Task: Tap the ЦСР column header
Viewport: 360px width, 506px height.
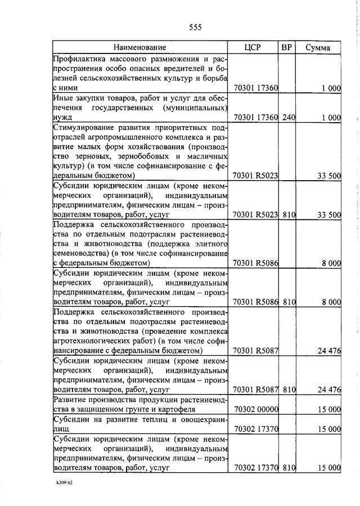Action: pyautogui.click(x=254, y=47)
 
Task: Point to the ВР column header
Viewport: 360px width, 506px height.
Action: pyautogui.click(x=287, y=47)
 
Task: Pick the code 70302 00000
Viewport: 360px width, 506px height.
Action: pyautogui.click(x=256, y=410)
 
